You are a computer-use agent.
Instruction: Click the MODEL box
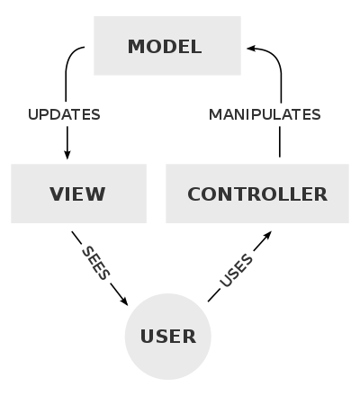click(x=167, y=45)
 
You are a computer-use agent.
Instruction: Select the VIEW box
click(x=78, y=193)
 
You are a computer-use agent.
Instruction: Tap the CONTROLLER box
click(x=257, y=193)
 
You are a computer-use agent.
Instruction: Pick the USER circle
click(x=167, y=336)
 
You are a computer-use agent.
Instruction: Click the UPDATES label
click(x=64, y=115)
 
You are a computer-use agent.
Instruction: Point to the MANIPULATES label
click(x=265, y=115)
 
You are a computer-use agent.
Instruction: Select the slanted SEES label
click(x=94, y=263)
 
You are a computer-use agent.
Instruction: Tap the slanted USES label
click(x=237, y=271)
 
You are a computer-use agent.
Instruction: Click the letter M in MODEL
click(x=136, y=47)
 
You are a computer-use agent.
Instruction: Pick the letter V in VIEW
click(x=57, y=194)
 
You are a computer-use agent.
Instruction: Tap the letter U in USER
click(x=147, y=337)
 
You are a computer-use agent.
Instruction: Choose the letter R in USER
click(x=189, y=337)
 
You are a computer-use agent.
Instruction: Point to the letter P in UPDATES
click(x=43, y=115)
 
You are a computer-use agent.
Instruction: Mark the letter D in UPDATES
click(x=54, y=115)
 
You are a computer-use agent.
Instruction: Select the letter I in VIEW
click(x=69, y=194)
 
